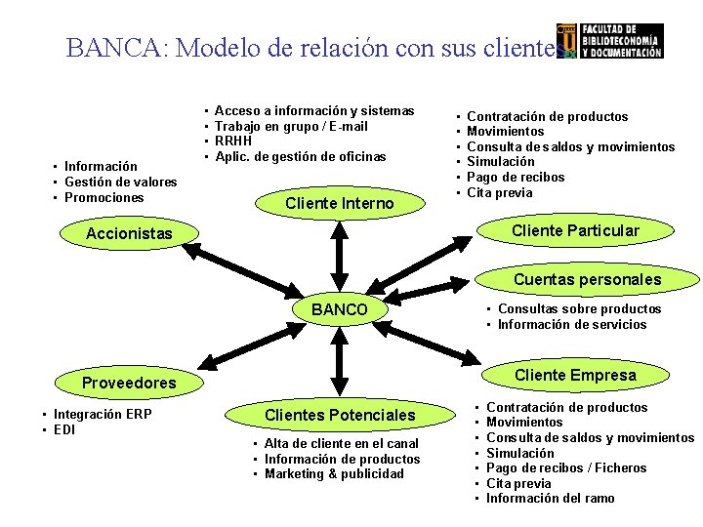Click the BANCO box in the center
coord(339,309)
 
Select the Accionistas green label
coord(129,233)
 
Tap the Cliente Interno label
coord(339,203)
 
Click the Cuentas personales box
coord(587,279)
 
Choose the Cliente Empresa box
coord(575,375)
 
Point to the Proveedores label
coord(129,383)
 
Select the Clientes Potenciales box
coord(340,415)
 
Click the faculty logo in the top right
coord(609,41)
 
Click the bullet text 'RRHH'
coord(232,142)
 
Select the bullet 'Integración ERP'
coord(102,415)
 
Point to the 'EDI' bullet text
coord(64,430)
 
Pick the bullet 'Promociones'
coord(103,198)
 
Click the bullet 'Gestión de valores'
coord(120,182)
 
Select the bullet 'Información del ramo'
coord(550,499)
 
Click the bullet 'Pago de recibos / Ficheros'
coord(566,468)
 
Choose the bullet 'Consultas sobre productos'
coord(579,309)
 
